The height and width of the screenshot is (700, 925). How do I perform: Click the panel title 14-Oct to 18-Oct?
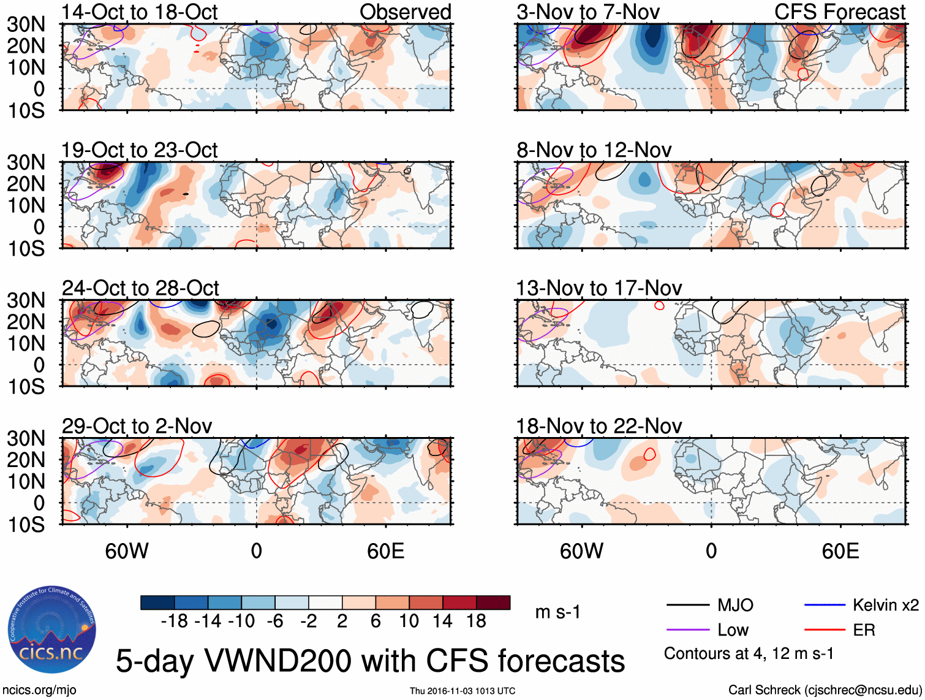coord(140,12)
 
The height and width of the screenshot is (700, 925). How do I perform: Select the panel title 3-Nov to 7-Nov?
coord(588,12)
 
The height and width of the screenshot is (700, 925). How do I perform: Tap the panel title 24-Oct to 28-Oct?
coord(140,288)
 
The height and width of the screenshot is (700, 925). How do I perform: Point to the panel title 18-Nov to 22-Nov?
coord(599,426)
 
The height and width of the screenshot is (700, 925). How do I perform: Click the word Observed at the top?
coord(405,12)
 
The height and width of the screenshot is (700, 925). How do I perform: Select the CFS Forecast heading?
coord(840,12)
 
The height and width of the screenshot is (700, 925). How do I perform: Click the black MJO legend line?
coord(688,606)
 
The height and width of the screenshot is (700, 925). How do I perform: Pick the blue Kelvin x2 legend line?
coord(825,606)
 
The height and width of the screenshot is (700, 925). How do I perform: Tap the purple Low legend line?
coord(688,630)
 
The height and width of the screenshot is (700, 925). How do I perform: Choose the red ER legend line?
coord(825,630)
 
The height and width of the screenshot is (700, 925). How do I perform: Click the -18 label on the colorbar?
coord(174,622)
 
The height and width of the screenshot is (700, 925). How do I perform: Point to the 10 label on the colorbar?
coord(409,622)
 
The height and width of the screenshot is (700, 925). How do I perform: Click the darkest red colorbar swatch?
coord(493,603)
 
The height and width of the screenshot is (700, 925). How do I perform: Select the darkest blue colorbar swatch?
coord(157,603)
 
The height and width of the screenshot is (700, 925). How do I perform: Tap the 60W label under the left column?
coord(127,551)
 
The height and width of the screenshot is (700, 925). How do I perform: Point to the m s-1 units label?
coord(557,612)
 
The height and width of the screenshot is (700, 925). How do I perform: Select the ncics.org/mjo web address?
coord(40,690)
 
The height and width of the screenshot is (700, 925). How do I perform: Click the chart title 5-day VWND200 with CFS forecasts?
coord(370,661)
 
